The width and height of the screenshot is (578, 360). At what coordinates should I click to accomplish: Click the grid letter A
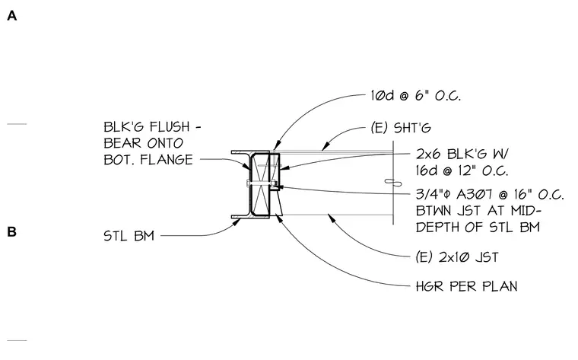[12, 16]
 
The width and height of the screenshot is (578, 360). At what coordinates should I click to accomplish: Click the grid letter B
[12, 231]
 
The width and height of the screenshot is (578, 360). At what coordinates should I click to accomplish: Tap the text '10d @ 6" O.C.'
[416, 96]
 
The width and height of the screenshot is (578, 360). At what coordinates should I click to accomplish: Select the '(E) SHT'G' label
[401, 128]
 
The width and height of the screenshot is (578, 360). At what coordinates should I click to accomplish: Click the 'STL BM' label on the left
[129, 236]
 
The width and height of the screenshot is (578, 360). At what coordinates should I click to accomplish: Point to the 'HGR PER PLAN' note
[467, 286]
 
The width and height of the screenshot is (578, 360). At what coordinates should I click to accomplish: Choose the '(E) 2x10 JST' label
[457, 257]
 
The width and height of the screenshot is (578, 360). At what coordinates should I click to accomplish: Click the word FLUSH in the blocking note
[170, 127]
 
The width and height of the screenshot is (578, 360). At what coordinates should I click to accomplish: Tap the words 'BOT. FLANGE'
[148, 160]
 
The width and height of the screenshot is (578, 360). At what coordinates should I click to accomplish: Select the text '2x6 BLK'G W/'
[462, 154]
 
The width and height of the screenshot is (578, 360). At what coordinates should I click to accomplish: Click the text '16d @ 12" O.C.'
[462, 170]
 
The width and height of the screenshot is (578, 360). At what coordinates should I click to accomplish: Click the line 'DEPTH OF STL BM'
[478, 228]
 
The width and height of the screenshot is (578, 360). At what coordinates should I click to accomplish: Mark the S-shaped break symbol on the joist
[393, 182]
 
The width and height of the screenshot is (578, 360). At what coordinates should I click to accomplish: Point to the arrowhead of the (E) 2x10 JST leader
[332, 218]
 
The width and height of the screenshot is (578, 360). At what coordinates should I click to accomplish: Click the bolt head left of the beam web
[248, 183]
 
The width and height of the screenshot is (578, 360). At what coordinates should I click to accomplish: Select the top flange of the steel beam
[250, 152]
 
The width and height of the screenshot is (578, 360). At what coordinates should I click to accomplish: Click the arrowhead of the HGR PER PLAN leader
[278, 217]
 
